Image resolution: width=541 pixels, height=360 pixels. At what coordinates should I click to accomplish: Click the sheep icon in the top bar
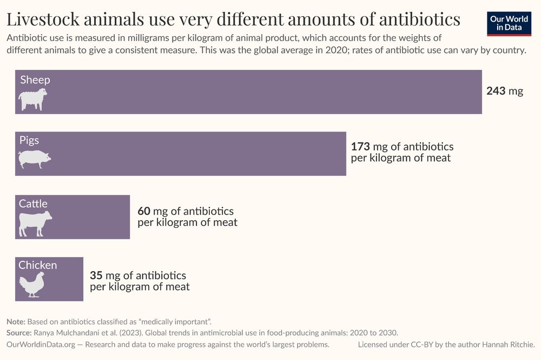[33, 100]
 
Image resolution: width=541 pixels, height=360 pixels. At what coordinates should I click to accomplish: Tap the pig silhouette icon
[34, 159]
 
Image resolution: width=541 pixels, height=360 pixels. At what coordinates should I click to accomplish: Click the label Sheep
[35, 80]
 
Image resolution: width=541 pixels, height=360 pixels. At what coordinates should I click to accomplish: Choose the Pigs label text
[29, 140]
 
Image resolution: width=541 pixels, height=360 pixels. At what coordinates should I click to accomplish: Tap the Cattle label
[34, 204]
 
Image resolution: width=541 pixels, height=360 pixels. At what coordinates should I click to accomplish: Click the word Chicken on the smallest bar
[38, 265]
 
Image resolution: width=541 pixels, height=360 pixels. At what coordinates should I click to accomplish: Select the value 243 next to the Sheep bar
[496, 91]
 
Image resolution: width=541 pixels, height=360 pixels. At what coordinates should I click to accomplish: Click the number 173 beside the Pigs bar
[360, 147]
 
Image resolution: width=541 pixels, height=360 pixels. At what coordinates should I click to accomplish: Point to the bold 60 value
[144, 211]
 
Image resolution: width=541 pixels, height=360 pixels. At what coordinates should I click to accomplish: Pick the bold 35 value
[96, 276]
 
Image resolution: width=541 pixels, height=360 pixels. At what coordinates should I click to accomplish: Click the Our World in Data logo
[509, 23]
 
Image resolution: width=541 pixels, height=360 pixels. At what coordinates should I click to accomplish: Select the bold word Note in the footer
[16, 322]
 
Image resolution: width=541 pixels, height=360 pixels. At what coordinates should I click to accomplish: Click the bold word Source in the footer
[19, 333]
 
